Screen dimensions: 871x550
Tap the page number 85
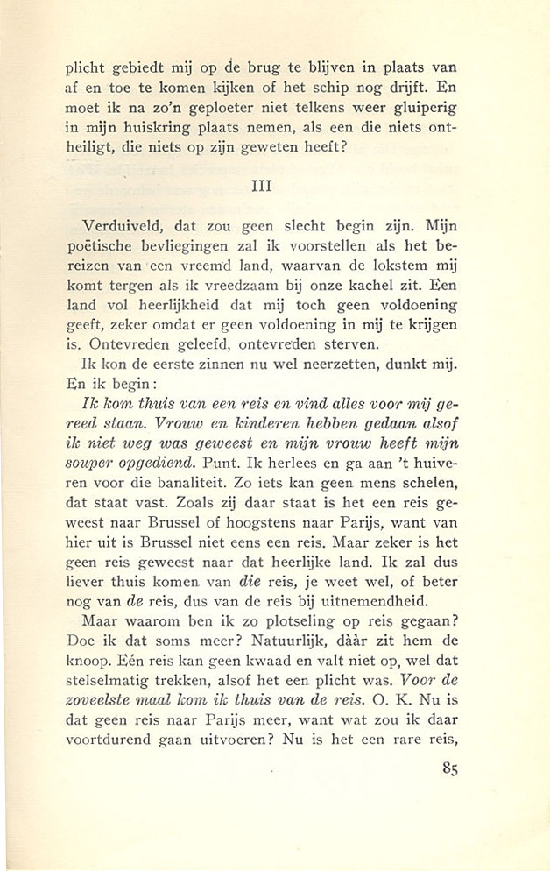click(x=448, y=768)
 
